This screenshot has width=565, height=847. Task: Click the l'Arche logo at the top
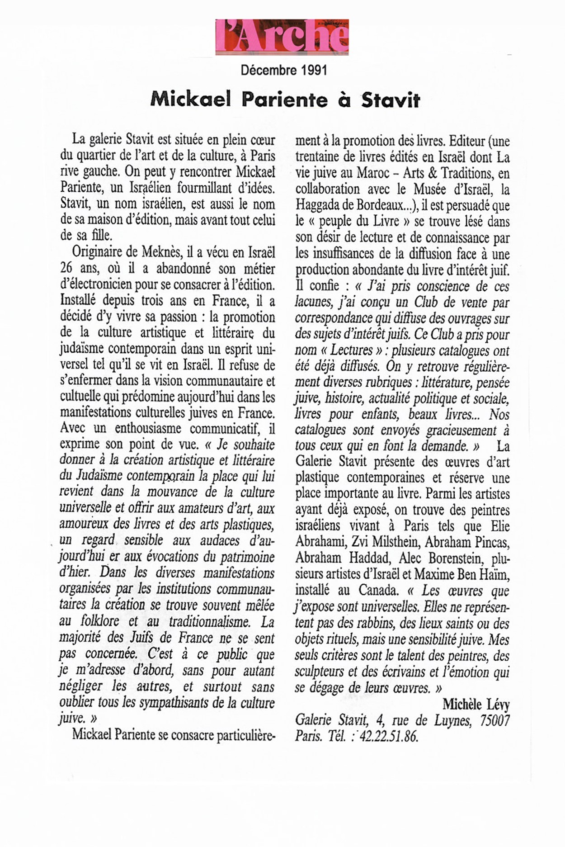[282, 37]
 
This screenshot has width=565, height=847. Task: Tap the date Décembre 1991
[283, 70]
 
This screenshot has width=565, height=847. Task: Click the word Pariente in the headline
[284, 99]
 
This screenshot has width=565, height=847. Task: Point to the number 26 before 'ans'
[66, 269]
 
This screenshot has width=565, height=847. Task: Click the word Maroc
[379, 173]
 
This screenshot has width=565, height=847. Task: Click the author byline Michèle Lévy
[476, 704]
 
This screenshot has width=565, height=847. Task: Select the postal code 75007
[494, 720]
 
